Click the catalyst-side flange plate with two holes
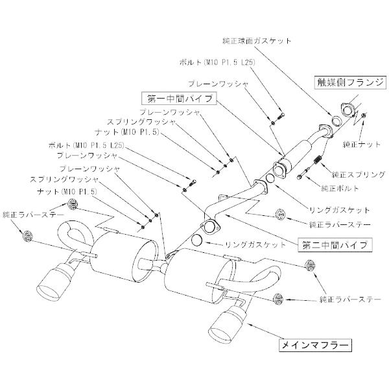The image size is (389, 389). [x=348, y=110]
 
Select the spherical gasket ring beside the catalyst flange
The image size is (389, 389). [x=336, y=122]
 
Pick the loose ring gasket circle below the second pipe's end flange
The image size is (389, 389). [x=200, y=244]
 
